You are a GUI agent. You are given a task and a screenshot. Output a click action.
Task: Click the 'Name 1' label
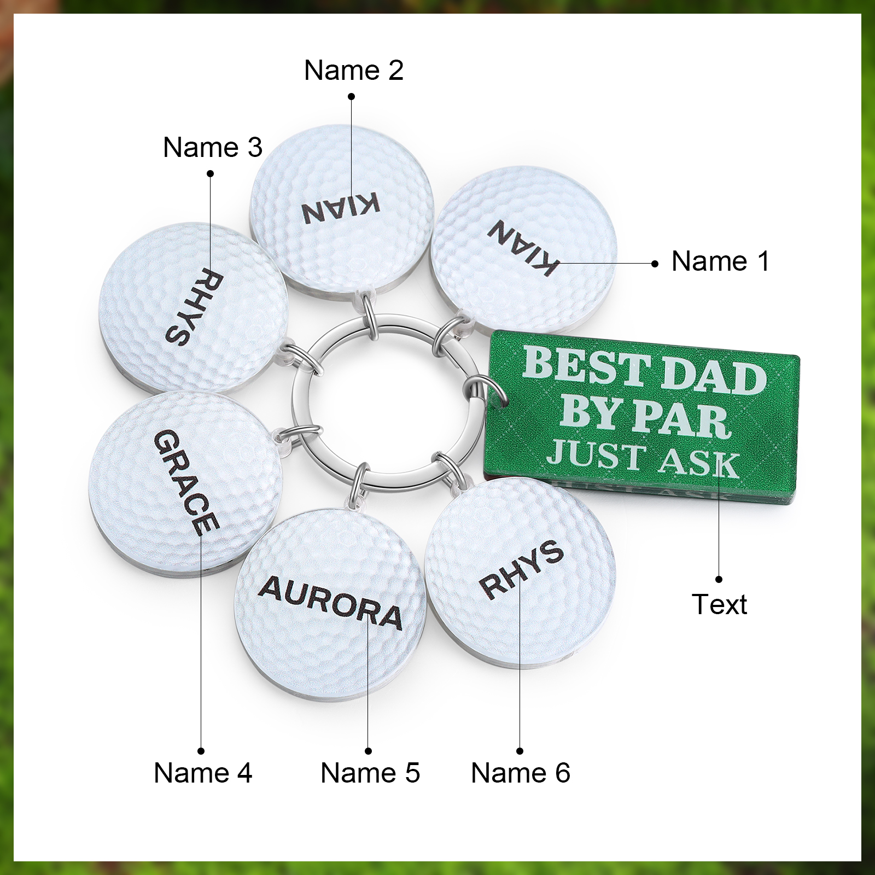tap(720, 261)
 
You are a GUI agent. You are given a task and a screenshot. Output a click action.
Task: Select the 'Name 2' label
tap(354, 71)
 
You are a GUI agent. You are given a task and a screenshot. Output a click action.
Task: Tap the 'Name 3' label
tap(213, 148)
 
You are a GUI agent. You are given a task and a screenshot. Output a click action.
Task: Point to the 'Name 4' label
tap(203, 773)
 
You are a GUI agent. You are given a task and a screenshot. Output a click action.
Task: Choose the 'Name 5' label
tap(370, 773)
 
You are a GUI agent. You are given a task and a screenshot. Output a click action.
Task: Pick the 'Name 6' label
tap(521, 773)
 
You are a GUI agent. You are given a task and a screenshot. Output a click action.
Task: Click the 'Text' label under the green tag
tap(719, 605)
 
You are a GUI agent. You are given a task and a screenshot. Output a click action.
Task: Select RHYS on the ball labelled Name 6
tap(521, 569)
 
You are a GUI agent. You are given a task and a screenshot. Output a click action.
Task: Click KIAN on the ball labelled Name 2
tap(341, 208)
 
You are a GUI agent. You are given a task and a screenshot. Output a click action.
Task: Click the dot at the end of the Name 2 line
tap(352, 97)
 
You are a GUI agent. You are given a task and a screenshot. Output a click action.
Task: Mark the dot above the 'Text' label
tap(719, 579)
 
